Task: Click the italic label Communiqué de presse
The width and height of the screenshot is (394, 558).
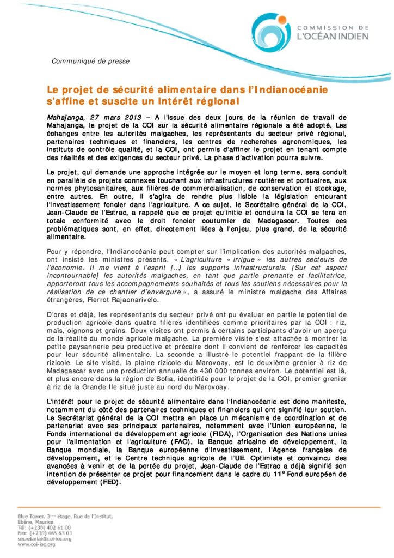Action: [90, 62]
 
